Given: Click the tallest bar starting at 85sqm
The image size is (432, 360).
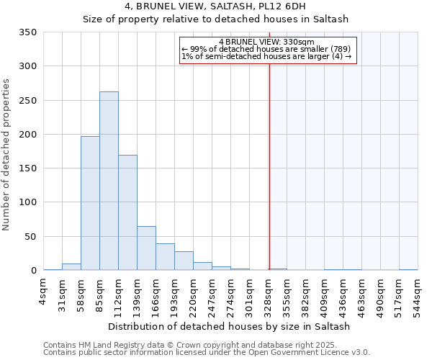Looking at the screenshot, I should (x=109, y=181).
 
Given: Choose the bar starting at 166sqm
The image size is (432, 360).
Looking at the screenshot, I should (x=165, y=257).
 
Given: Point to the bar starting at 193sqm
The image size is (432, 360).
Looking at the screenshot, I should (x=184, y=261).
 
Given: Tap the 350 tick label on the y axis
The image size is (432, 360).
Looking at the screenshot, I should (x=28, y=32).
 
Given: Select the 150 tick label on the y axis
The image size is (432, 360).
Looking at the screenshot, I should (x=28, y=168).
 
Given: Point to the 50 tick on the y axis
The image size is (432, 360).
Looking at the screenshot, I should (x=31, y=236).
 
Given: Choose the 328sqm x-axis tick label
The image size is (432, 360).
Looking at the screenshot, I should (x=269, y=295).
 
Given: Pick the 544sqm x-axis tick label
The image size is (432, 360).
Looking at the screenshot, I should (x=418, y=295).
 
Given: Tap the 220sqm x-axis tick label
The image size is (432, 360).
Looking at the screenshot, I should (x=194, y=295).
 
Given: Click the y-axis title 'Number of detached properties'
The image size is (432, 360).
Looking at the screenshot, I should (x=6, y=156).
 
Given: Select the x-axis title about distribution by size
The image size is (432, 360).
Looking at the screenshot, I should (x=228, y=326).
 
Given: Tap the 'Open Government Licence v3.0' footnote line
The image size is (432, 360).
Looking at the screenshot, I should (x=207, y=353).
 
